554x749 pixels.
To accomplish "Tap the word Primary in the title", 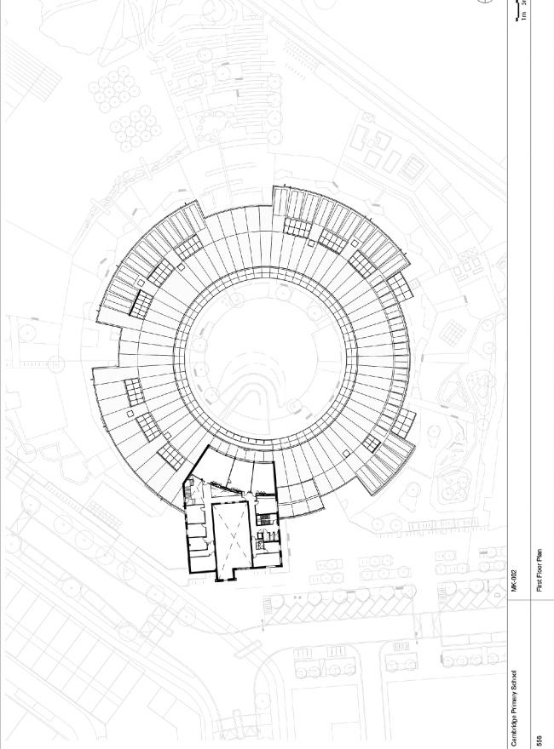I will coord(514,703).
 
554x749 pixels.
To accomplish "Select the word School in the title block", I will coord(514,679).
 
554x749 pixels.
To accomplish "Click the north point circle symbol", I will coord(486,2).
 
